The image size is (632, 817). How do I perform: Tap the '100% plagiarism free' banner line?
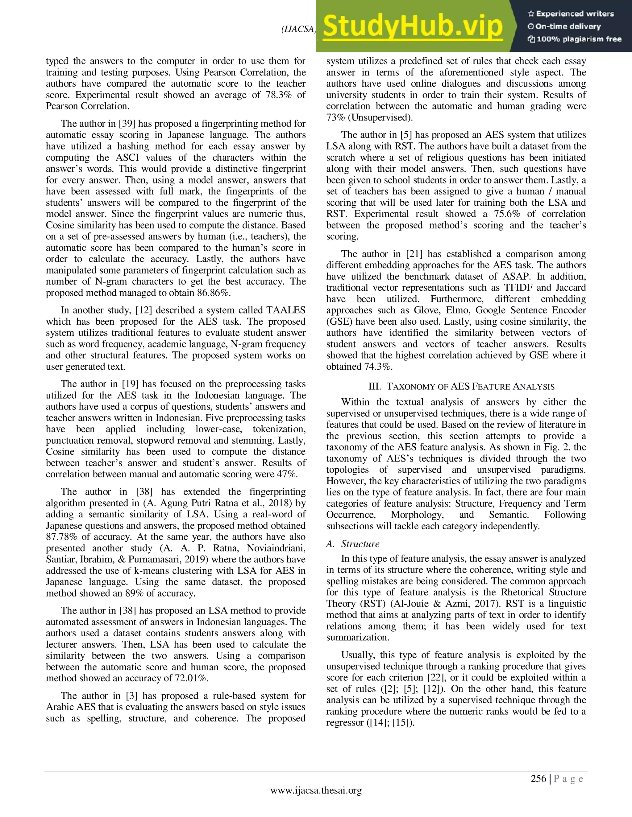click(x=574, y=39)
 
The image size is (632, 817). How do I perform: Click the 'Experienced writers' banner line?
click(x=571, y=14)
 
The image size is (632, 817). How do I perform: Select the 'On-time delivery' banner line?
click(x=564, y=27)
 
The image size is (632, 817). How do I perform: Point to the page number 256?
click(x=538, y=778)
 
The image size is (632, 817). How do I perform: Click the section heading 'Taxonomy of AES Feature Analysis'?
click(x=461, y=386)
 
